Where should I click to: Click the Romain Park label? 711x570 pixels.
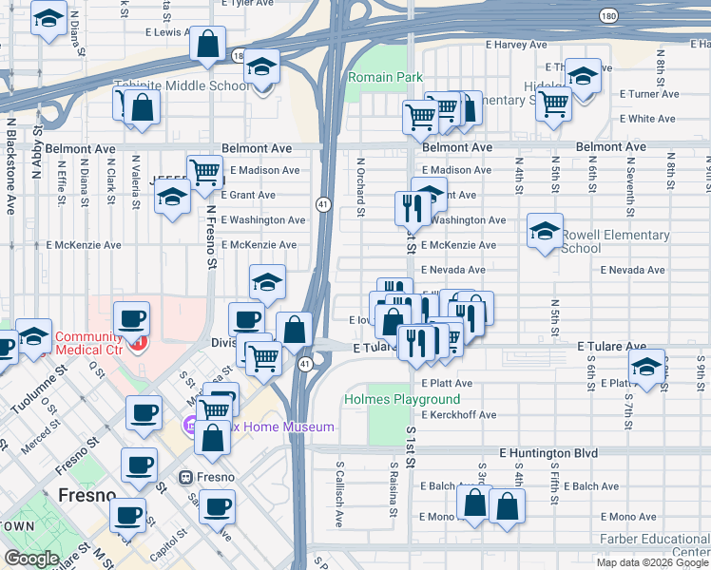click(384, 76)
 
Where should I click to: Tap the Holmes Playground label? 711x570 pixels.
click(402, 400)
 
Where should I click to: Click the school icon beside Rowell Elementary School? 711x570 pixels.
click(546, 231)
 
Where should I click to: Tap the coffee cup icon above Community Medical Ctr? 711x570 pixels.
click(131, 318)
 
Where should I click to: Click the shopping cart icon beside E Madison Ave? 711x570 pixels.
click(204, 172)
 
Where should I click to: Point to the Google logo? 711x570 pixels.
click(31, 559)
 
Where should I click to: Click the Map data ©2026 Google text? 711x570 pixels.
click(652, 562)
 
